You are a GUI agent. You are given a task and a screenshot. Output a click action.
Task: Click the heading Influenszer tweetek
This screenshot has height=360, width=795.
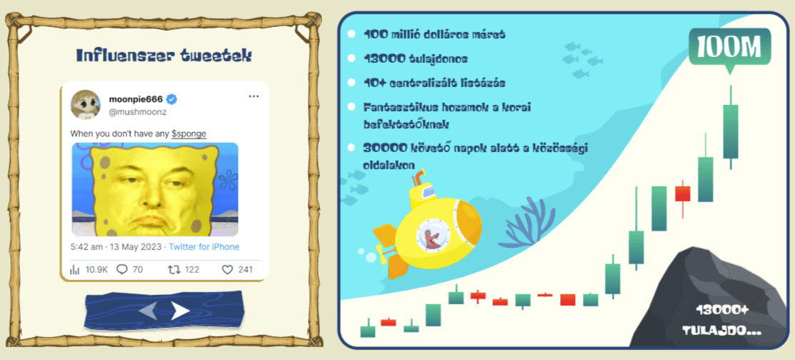[164, 56]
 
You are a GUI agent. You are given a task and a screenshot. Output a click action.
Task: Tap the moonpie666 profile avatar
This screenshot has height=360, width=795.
[85, 104]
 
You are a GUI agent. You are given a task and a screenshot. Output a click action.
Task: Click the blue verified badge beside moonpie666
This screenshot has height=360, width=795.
[172, 99]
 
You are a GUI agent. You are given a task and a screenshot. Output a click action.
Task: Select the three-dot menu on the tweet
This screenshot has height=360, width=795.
[254, 96]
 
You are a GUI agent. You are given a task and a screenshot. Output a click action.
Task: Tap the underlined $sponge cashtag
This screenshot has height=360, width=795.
[189, 134]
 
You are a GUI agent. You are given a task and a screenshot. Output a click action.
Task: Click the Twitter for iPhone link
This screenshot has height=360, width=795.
[204, 247]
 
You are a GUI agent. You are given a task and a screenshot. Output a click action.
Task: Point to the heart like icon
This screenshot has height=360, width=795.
[227, 270]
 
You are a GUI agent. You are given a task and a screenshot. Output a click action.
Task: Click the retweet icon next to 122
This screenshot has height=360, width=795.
[174, 270]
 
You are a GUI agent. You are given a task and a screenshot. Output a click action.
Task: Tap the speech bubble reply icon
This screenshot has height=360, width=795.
[122, 270]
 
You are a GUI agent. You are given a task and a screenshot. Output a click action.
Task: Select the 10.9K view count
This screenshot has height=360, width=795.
[96, 270]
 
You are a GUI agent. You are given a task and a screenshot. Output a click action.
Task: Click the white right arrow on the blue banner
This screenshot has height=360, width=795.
[180, 310]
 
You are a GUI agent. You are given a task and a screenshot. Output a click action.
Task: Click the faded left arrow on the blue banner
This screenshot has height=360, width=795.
[149, 310]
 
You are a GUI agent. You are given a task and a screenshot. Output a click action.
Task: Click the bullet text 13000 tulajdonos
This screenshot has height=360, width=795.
[416, 59]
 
